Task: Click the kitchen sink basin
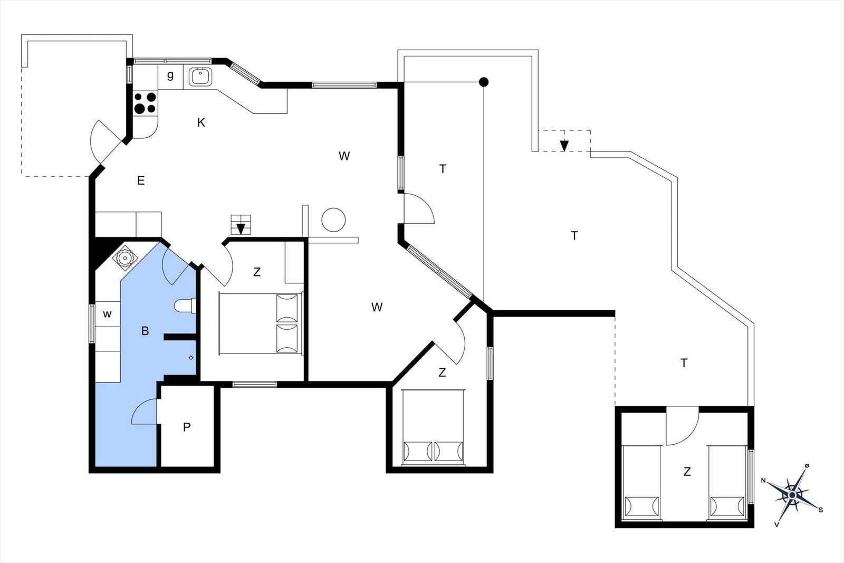click(x=201, y=77)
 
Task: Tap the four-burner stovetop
click(x=145, y=102)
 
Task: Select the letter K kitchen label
click(x=201, y=122)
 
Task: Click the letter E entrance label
click(x=141, y=180)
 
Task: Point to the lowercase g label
click(x=170, y=75)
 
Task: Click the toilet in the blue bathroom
click(x=185, y=306)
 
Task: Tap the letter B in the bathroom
click(x=145, y=331)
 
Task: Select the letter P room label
click(x=187, y=427)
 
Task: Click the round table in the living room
click(x=333, y=220)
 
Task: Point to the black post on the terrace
click(x=484, y=82)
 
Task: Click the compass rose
click(x=792, y=494)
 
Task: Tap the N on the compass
click(x=764, y=480)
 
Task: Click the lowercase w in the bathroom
click(x=108, y=314)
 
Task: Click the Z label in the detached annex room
click(x=687, y=471)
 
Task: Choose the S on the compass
click(x=821, y=510)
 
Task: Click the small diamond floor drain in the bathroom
click(x=191, y=358)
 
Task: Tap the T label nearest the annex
click(x=684, y=363)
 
